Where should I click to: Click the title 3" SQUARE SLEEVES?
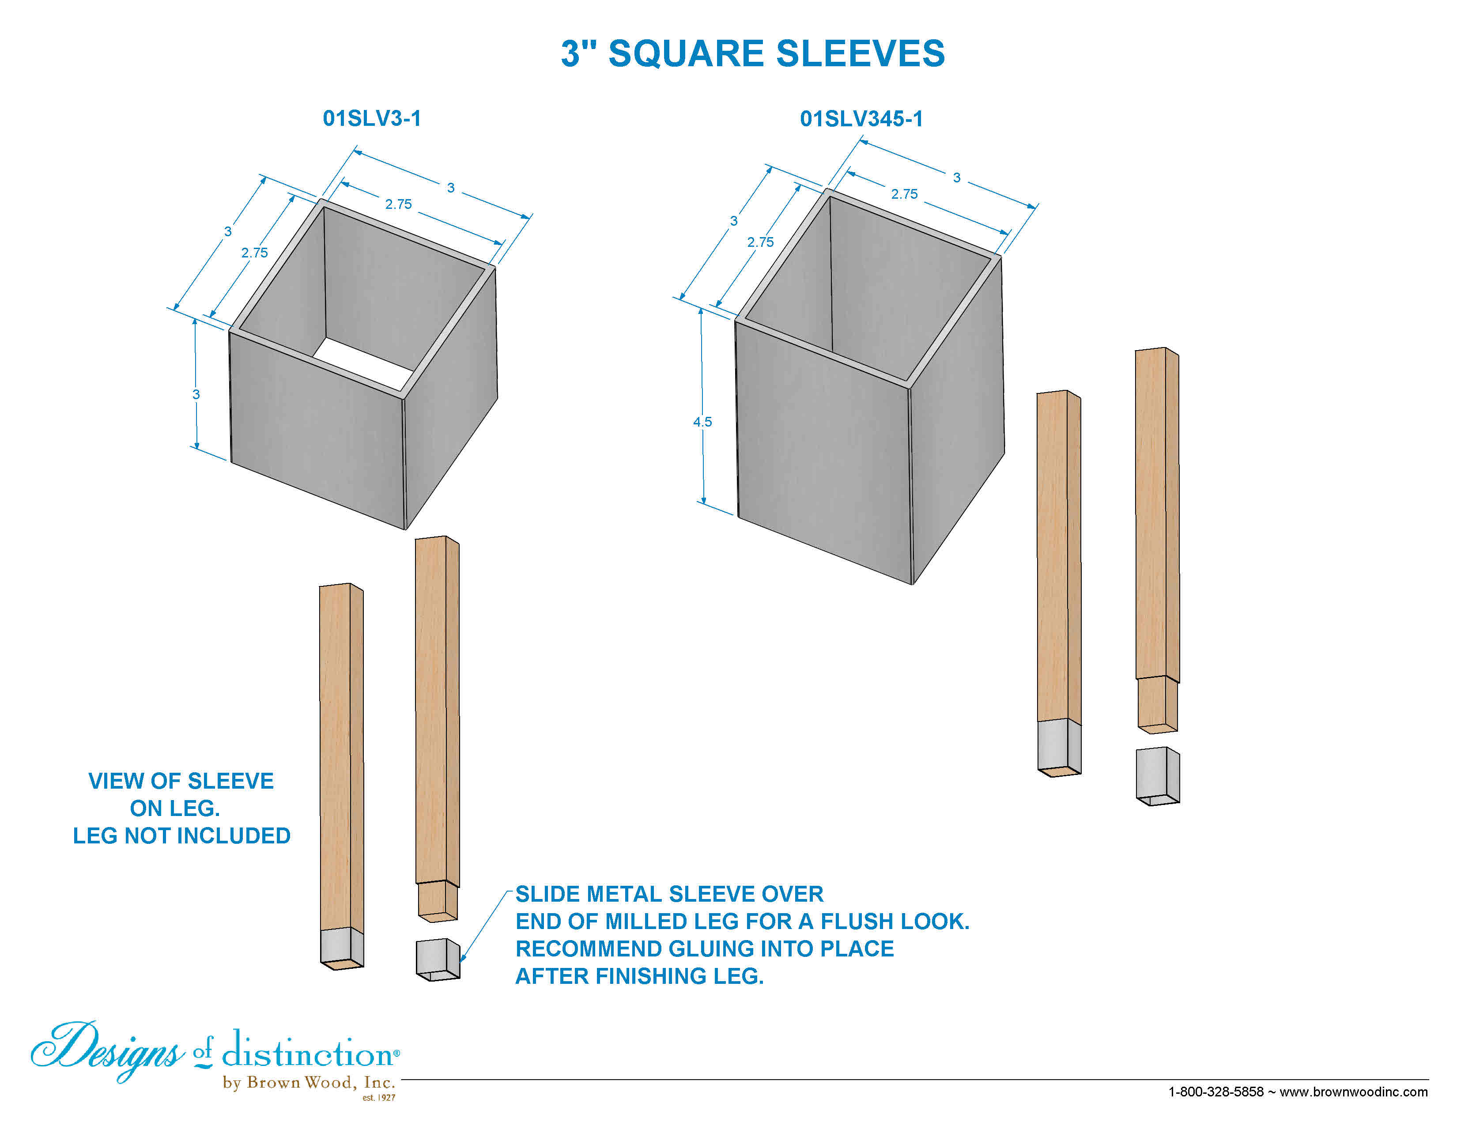752,53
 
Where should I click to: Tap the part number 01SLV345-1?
861,119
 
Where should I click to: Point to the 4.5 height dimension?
702,422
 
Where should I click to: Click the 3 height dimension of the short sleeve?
196,394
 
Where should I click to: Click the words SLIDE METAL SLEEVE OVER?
670,894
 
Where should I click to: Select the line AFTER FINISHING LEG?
640,976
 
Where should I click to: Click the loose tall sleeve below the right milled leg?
1158,776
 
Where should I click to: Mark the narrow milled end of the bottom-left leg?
438,901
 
